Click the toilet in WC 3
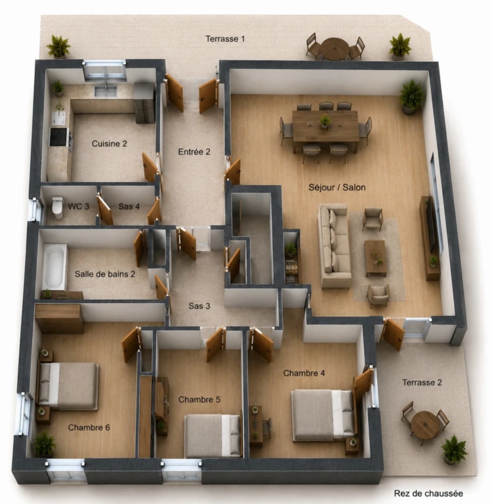click(x=58, y=207)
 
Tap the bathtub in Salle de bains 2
click(x=54, y=267)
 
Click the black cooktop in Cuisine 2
click(x=59, y=137)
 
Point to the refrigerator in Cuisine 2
click(x=144, y=103)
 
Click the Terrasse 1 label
click(x=225, y=39)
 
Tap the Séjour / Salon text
click(x=337, y=188)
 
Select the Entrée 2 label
click(x=194, y=152)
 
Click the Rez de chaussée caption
click(x=428, y=493)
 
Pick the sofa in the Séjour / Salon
click(x=334, y=246)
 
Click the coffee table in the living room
click(x=375, y=258)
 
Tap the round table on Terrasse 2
click(x=425, y=424)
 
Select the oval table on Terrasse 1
click(x=335, y=48)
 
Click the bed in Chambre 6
click(x=68, y=387)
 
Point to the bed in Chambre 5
click(x=213, y=436)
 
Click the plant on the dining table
click(x=325, y=121)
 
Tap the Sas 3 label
click(x=199, y=306)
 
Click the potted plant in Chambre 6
click(x=45, y=445)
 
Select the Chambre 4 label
click(x=304, y=373)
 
